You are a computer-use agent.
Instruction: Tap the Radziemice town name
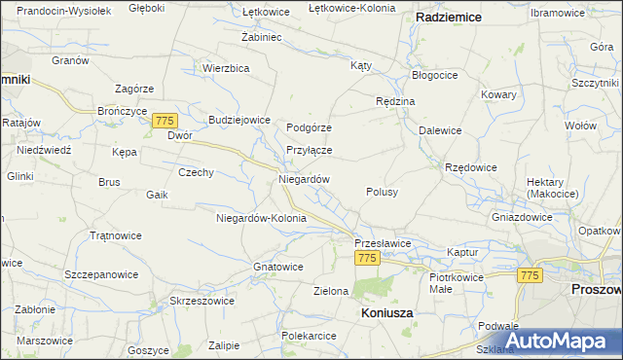pyautogui.click(x=452, y=18)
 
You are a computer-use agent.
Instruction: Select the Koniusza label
pyautogui.click(x=386, y=313)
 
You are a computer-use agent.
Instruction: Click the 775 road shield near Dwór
pyautogui.click(x=165, y=120)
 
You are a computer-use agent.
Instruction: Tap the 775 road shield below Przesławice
pyautogui.click(x=367, y=258)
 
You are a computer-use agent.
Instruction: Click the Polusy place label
pyautogui.click(x=382, y=192)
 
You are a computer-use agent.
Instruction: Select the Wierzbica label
pyautogui.click(x=227, y=68)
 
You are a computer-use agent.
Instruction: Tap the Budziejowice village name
pyautogui.click(x=238, y=120)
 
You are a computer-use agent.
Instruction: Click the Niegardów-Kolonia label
pyautogui.click(x=261, y=218)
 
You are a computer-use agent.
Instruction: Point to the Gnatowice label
pyautogui.click(x=277, y=267)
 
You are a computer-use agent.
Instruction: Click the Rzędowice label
pyautogui.click(x=471, y=167)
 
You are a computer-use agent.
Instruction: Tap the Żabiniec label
pyautogui.click(x=261, y=37)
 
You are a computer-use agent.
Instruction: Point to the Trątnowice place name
pyautogui.click(x=115, y=235)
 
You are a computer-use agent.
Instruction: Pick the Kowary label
pyautogui.click(x=497, y=95)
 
